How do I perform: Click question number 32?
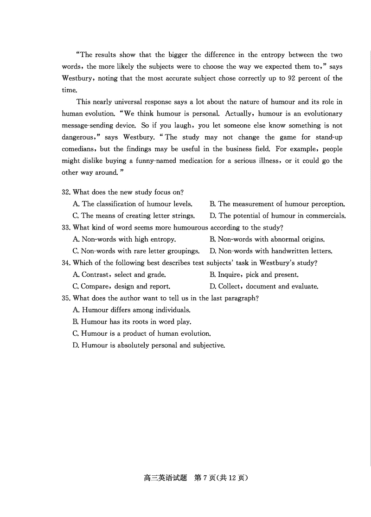pos(66,192)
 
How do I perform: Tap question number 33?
pos(66,228)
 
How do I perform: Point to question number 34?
pos(66,263)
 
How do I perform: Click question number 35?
pos(66,298)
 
